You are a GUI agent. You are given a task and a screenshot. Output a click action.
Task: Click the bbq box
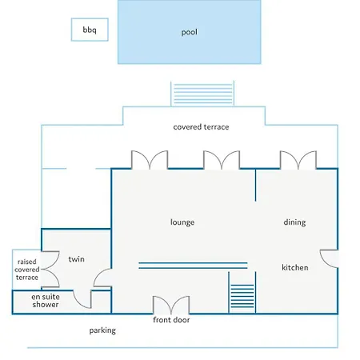90,30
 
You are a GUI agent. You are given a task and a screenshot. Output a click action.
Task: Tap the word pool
190,32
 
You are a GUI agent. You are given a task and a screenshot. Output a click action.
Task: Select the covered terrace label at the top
201,127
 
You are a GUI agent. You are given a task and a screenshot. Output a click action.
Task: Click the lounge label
182,222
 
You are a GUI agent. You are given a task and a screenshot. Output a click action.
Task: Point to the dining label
294,222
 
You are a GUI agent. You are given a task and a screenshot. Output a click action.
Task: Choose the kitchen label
295,267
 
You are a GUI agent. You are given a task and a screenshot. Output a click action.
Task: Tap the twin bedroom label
77,259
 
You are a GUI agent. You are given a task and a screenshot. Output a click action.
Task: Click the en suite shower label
46,301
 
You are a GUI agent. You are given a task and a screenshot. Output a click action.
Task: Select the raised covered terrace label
26,270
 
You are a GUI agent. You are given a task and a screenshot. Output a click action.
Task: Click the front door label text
171,320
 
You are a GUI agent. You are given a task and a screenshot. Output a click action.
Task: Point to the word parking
102,330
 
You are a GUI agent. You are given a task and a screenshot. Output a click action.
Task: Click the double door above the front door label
171,305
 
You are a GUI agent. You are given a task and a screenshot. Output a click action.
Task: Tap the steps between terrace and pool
202,94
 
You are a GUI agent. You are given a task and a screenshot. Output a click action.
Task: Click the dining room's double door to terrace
298,160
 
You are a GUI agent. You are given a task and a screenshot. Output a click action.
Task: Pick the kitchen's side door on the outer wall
330,258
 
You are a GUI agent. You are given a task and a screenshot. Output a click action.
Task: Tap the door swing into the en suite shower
82,299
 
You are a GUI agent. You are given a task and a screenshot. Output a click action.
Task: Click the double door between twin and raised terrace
50,270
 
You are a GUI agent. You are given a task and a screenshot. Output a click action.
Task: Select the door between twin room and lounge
102,278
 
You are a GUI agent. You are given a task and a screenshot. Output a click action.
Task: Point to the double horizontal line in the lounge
193,266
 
